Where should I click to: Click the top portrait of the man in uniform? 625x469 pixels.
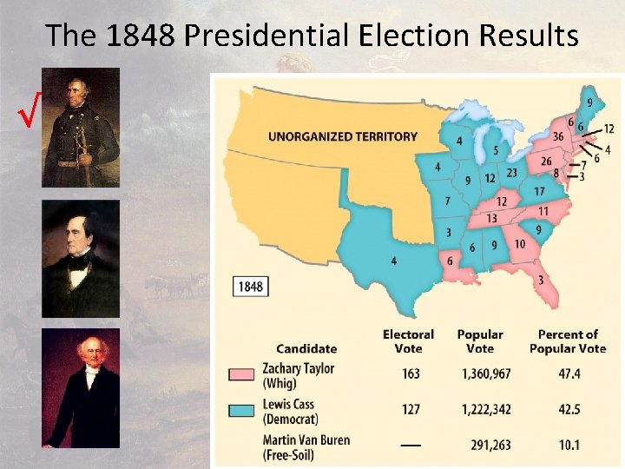coord(81,127)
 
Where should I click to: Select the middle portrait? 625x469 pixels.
coord(81,258)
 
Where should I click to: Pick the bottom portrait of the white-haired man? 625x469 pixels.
coord(81,387)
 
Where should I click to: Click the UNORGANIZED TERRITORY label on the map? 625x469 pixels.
coord(342,136)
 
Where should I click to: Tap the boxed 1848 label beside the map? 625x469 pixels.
coord(250,286)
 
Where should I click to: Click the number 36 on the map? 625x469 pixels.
coord(558,136)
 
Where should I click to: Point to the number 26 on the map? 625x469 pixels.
coord(545,161)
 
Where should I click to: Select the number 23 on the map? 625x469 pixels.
coord(511,173)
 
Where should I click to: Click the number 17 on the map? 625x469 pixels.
coord(538,191)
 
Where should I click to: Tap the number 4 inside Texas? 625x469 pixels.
coord(393,261)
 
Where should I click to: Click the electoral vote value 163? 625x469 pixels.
coord(411,373)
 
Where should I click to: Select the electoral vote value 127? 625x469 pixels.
coord(411,409)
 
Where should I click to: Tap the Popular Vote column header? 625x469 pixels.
coord(479,340)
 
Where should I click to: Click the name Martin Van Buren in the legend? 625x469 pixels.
coord(306,439)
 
